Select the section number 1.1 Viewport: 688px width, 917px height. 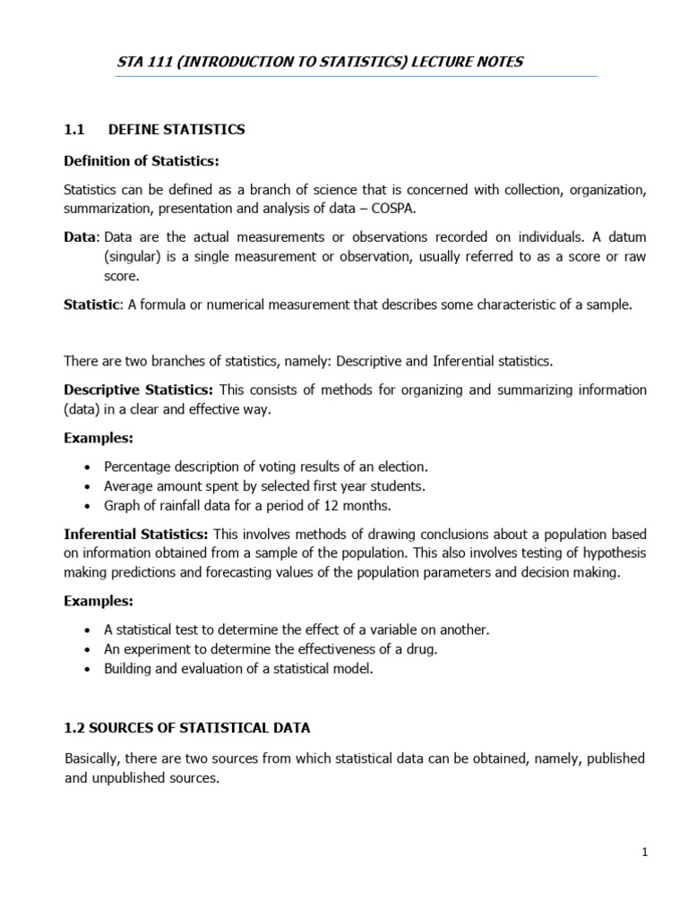point(73,130)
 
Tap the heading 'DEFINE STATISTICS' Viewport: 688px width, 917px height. point(176,130)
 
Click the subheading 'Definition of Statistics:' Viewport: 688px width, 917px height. point(142,160)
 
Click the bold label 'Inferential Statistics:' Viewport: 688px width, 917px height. point(136,534)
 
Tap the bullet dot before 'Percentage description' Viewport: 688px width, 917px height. point(86,467)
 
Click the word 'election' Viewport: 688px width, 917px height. point(402,467)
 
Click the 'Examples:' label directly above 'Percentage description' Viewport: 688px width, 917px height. point(99,438)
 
